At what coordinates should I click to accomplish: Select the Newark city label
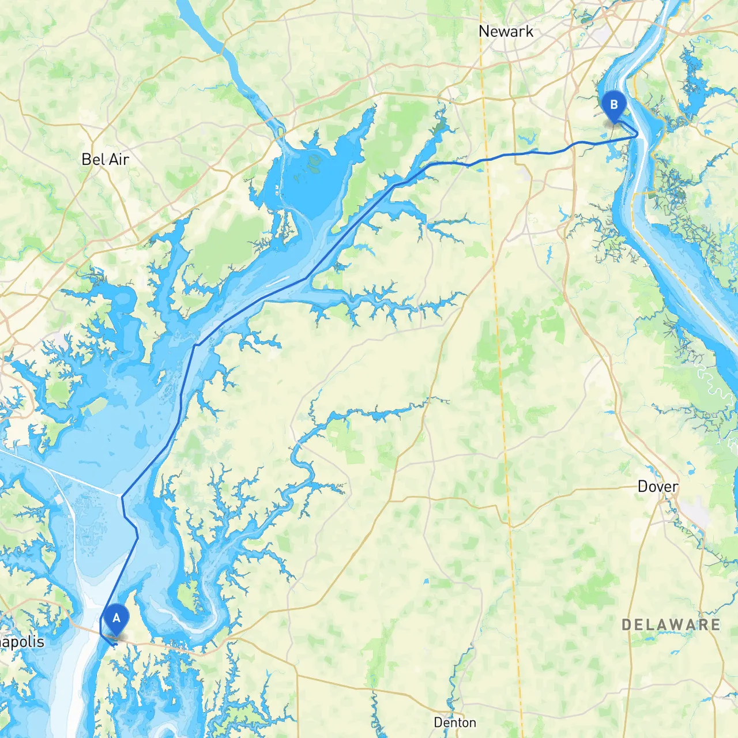click(x=506, y=32)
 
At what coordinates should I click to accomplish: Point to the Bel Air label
click(x=105, y=159)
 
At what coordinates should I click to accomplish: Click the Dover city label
click(x=657, y=487)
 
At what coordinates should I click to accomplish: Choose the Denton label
click(x=455, y=722)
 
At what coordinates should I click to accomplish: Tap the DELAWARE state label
click(x=671, y=624)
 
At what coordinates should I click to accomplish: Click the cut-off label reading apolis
click(x=22, y=642)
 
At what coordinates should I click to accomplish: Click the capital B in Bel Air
click(x=86, y=159)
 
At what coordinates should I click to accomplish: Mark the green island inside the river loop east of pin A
click(x=186, y=596)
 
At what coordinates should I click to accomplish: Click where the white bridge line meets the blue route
click(x=122, y=495)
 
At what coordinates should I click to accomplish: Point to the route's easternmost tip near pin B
click(x=638, y=135)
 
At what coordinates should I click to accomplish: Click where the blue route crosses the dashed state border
click(x=488, y=159)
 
